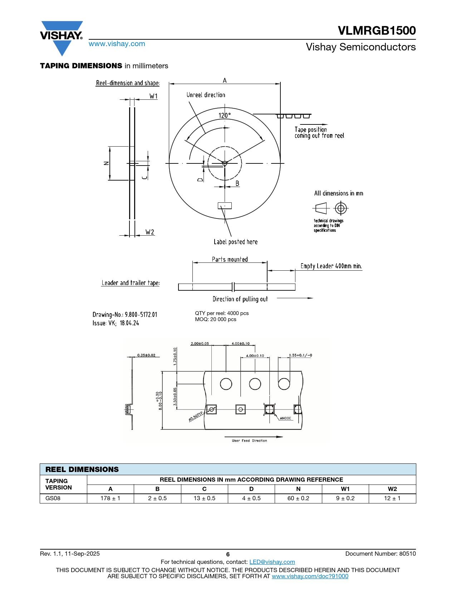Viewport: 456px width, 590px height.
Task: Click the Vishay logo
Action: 62,38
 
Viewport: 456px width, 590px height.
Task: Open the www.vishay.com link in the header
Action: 117,44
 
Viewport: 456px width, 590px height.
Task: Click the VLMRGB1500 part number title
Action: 377,30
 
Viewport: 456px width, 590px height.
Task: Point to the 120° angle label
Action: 225,115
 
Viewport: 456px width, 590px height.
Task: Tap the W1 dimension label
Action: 153,96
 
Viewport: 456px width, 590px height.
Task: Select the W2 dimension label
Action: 149,232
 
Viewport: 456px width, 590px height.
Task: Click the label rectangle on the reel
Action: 225,206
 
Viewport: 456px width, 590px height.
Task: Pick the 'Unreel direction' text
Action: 206,95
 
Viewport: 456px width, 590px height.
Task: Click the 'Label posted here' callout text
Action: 235,242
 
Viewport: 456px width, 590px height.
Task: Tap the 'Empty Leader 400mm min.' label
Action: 331,266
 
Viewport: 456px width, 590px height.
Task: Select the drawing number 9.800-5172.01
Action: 141,314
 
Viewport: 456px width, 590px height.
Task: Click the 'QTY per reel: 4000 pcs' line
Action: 222,313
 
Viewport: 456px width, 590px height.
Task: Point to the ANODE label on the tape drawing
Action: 285,418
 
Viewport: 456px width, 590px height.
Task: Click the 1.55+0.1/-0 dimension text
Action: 300,355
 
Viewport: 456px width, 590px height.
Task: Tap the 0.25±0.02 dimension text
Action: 146,355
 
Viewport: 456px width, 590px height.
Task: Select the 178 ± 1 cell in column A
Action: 110,498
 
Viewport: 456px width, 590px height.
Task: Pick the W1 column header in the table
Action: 345,489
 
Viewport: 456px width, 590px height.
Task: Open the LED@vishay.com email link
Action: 272,562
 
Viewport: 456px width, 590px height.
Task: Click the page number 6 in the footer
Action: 228,554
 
